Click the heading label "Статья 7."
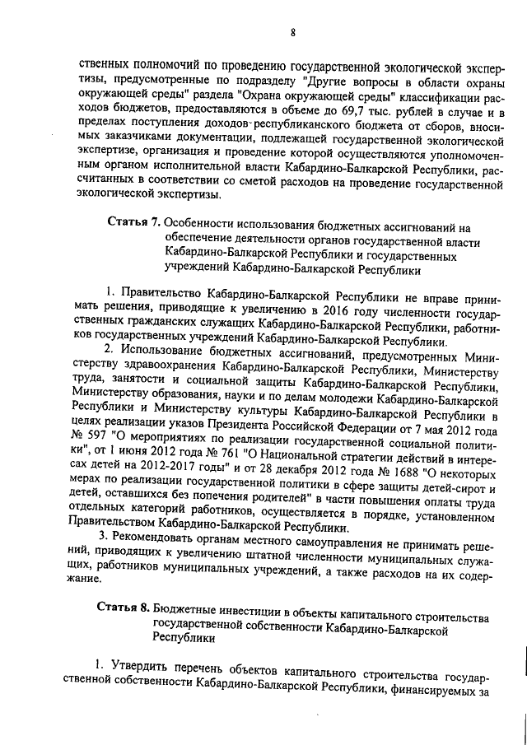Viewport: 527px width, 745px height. pos(135,223)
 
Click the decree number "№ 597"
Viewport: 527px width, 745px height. pos(88,433)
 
